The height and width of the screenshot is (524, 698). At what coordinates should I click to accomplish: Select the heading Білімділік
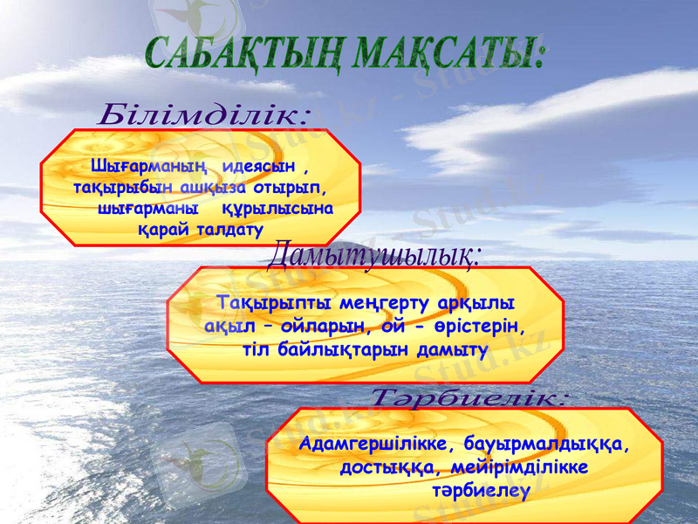(205, 114)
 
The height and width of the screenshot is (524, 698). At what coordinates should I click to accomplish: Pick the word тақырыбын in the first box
(113, 187)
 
